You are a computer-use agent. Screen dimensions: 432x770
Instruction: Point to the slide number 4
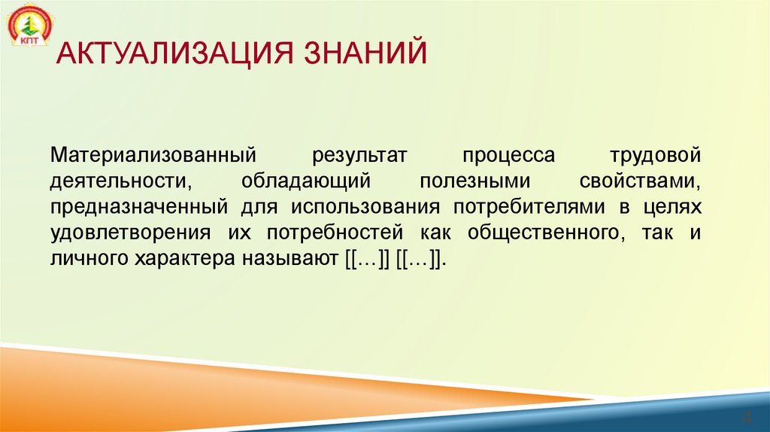[x=747, y=416]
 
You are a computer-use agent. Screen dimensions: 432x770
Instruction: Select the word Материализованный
[x=150, y=156]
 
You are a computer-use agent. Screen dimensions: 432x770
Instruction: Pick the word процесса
[x=508, y=156]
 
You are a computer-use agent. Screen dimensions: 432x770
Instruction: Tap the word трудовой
[x=656, y=156]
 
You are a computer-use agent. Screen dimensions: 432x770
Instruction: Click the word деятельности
[x=117, y=181]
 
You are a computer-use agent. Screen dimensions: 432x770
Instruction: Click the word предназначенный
[x=139, y=207]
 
